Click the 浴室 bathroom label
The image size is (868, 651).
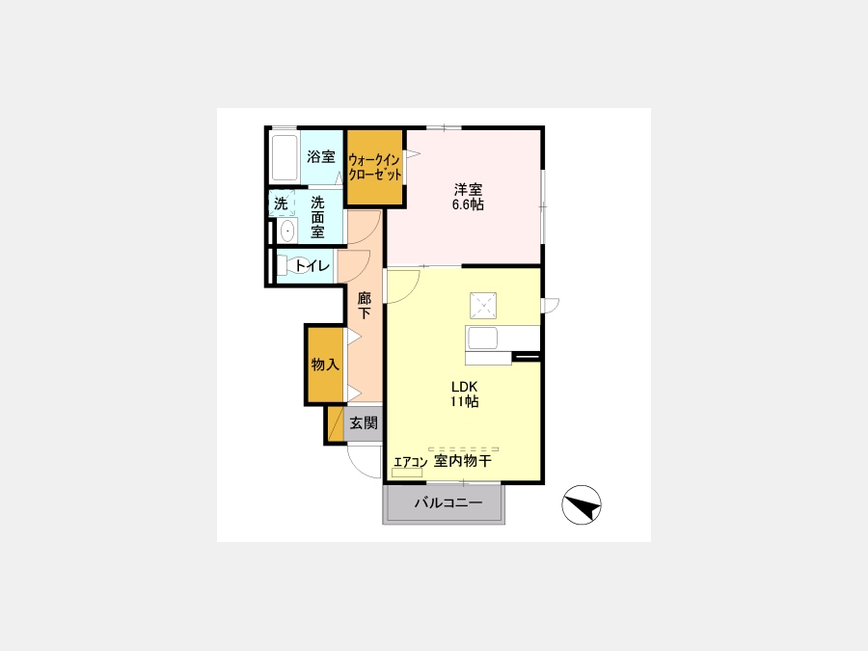(321, 156)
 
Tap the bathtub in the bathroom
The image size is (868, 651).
(285, 158)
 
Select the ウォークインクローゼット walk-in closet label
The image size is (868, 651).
(374, 168)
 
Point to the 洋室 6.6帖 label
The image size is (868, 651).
(468, 197)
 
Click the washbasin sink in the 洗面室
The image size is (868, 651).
(286, 231)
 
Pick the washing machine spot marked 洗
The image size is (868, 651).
(282, 203)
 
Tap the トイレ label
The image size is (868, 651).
(312, 266)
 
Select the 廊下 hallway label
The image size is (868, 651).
(364, 306)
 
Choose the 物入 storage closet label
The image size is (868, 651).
(325, 365)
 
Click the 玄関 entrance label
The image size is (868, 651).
(364, 423)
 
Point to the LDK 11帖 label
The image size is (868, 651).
(464, 394)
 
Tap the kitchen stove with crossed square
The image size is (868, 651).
(483, 306)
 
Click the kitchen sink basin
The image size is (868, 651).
(482, 338)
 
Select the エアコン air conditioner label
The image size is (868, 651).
(410, 462)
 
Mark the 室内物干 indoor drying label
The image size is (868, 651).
(462, 461)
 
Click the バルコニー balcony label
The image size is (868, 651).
(448, 503)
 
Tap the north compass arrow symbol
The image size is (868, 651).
(582, 504)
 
